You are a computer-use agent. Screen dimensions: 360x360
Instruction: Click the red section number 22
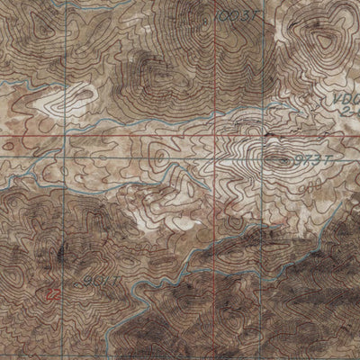click(52, 292)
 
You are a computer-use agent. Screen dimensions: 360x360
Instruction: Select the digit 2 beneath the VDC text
click(346, 112)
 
